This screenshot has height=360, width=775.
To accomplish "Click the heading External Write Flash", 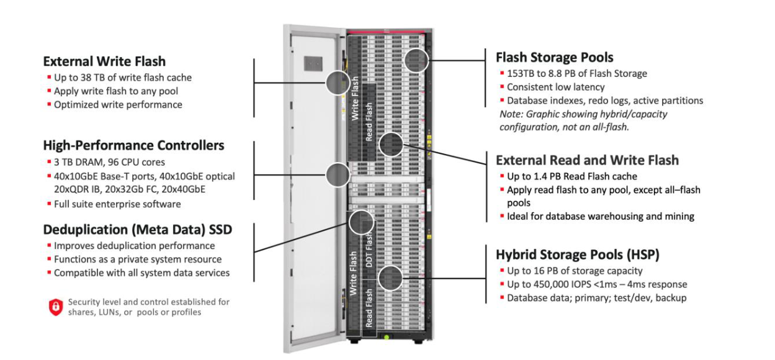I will (104, 61).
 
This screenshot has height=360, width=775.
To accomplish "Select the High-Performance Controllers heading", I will (133, 145).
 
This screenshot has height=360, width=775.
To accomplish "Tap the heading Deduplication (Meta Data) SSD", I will (137, 230).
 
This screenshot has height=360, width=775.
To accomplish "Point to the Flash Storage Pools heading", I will (554, 57).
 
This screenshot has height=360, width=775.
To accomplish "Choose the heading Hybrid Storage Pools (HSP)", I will (577, 254).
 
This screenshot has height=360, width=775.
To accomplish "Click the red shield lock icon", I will (56, 307).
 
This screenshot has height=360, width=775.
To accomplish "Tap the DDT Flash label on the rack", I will (369, 251).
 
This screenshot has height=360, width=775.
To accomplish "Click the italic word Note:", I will (511, 114).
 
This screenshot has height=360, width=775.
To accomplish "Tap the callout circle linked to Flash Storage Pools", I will (416, 60).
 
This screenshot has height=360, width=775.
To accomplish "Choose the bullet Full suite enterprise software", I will (117, 204).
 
